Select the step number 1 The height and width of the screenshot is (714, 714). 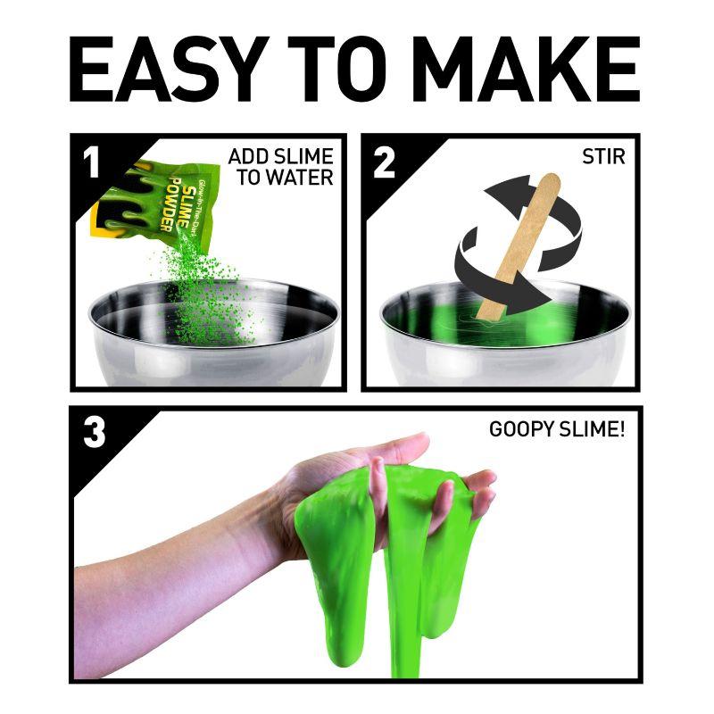(x=92, y=164)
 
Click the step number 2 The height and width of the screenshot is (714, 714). (x=384, y=164)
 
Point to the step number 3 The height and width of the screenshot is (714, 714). (x=95, y=433)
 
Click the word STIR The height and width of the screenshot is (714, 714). (x=603, y=157)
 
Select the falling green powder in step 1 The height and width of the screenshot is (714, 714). (x=205, y=292)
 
